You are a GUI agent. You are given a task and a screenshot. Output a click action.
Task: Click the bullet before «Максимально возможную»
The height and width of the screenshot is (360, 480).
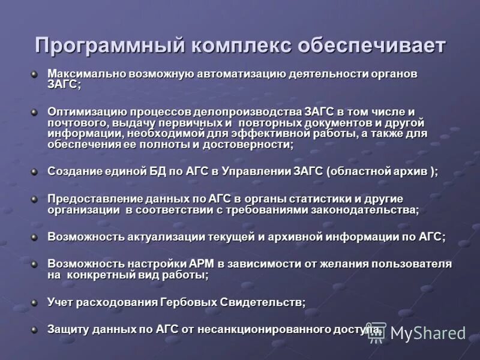35,74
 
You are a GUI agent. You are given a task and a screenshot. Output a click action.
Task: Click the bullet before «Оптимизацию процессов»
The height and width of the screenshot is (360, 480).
35,112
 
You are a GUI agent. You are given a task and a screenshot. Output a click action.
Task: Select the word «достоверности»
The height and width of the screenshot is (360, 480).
253,145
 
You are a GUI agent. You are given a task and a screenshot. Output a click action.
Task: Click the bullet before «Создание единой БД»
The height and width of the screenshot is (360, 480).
35,171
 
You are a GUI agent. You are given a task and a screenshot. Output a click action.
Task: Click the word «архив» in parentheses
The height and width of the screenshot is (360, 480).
409,171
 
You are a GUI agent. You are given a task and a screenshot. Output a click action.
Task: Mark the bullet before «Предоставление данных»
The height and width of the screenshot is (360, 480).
35,199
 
